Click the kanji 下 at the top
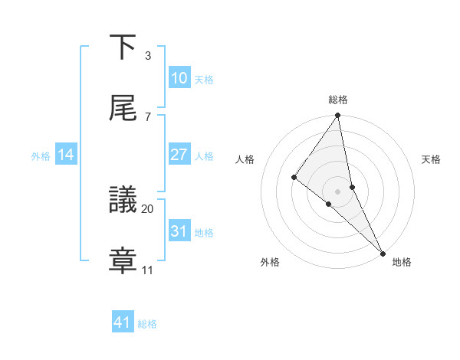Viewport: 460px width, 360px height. [123, 47]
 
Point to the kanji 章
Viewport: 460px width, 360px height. [123, 260]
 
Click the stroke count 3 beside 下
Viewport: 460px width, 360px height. [147, 56]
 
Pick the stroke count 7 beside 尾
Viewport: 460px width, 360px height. [147, 116]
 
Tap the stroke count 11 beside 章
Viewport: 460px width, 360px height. [148, 270]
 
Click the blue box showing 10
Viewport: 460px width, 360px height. [179, 78]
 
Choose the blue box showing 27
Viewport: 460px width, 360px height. [179, 155]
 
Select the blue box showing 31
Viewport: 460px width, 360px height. [179, 231]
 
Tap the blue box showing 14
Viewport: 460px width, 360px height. [66, 155]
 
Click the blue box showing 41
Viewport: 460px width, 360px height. [123, 322]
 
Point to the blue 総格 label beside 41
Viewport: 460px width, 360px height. [147, 324]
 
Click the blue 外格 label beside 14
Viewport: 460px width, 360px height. [41, 156]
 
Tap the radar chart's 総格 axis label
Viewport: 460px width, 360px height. [338, 100]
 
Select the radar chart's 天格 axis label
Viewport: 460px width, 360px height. [432, 159]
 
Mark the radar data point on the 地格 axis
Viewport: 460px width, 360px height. [383, 252]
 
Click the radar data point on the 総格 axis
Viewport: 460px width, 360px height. [337, 116]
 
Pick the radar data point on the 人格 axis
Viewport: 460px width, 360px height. [294, 177]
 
